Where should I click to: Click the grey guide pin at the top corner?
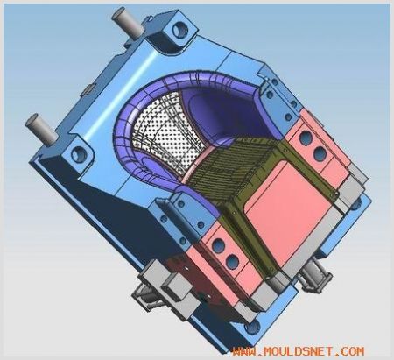pos(128,23)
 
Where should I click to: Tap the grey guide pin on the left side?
pos(41,129)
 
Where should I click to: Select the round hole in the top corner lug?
pos(179,29)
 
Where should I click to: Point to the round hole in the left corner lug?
pos(80,153)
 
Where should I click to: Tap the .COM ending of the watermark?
pos(349,350)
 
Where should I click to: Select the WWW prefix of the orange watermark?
pos(244,351)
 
